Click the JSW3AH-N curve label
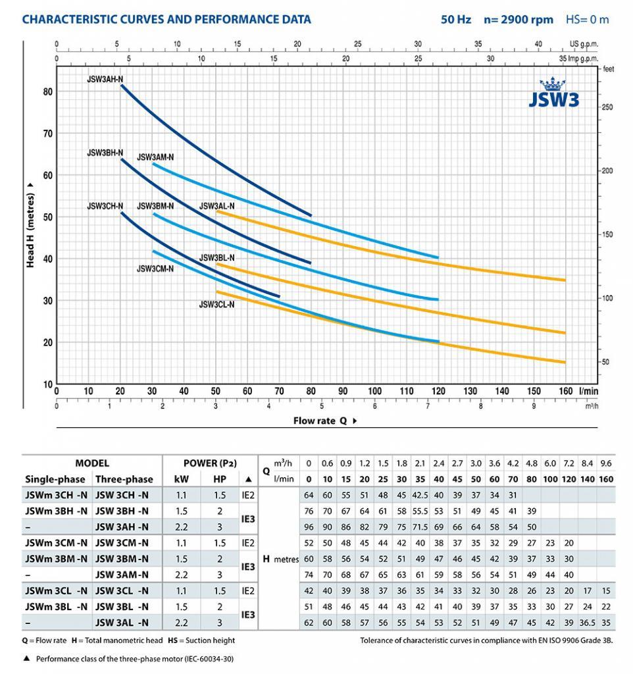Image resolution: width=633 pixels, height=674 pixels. pos(105,79)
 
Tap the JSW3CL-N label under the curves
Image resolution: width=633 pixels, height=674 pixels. pos(216,304)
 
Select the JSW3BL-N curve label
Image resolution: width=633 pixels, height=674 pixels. pos(216,257)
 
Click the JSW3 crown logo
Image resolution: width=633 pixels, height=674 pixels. pos(553,92)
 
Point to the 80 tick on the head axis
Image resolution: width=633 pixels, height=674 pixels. pos(47,91)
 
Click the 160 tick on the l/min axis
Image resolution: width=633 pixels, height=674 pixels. pos(565,391)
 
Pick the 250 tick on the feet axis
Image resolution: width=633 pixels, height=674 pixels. pos(607,107)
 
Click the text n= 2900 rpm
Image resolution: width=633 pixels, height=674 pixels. pos(519,20)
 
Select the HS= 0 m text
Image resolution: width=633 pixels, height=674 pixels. pos(587,20)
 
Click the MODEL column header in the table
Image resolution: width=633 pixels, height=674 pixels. pos(92,463)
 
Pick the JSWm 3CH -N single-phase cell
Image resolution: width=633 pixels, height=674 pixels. pos(57,495)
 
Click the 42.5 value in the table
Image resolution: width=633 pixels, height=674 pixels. pos(420,495)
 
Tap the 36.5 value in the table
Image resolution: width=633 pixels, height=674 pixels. pos(587,623)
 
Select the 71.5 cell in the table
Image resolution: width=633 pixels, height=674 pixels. pos(420,527)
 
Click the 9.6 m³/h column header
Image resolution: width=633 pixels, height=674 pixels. pos(606,463)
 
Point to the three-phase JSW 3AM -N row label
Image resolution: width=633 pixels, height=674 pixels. pos(122,575)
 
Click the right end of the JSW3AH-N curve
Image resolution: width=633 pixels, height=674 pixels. pos(311,215)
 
